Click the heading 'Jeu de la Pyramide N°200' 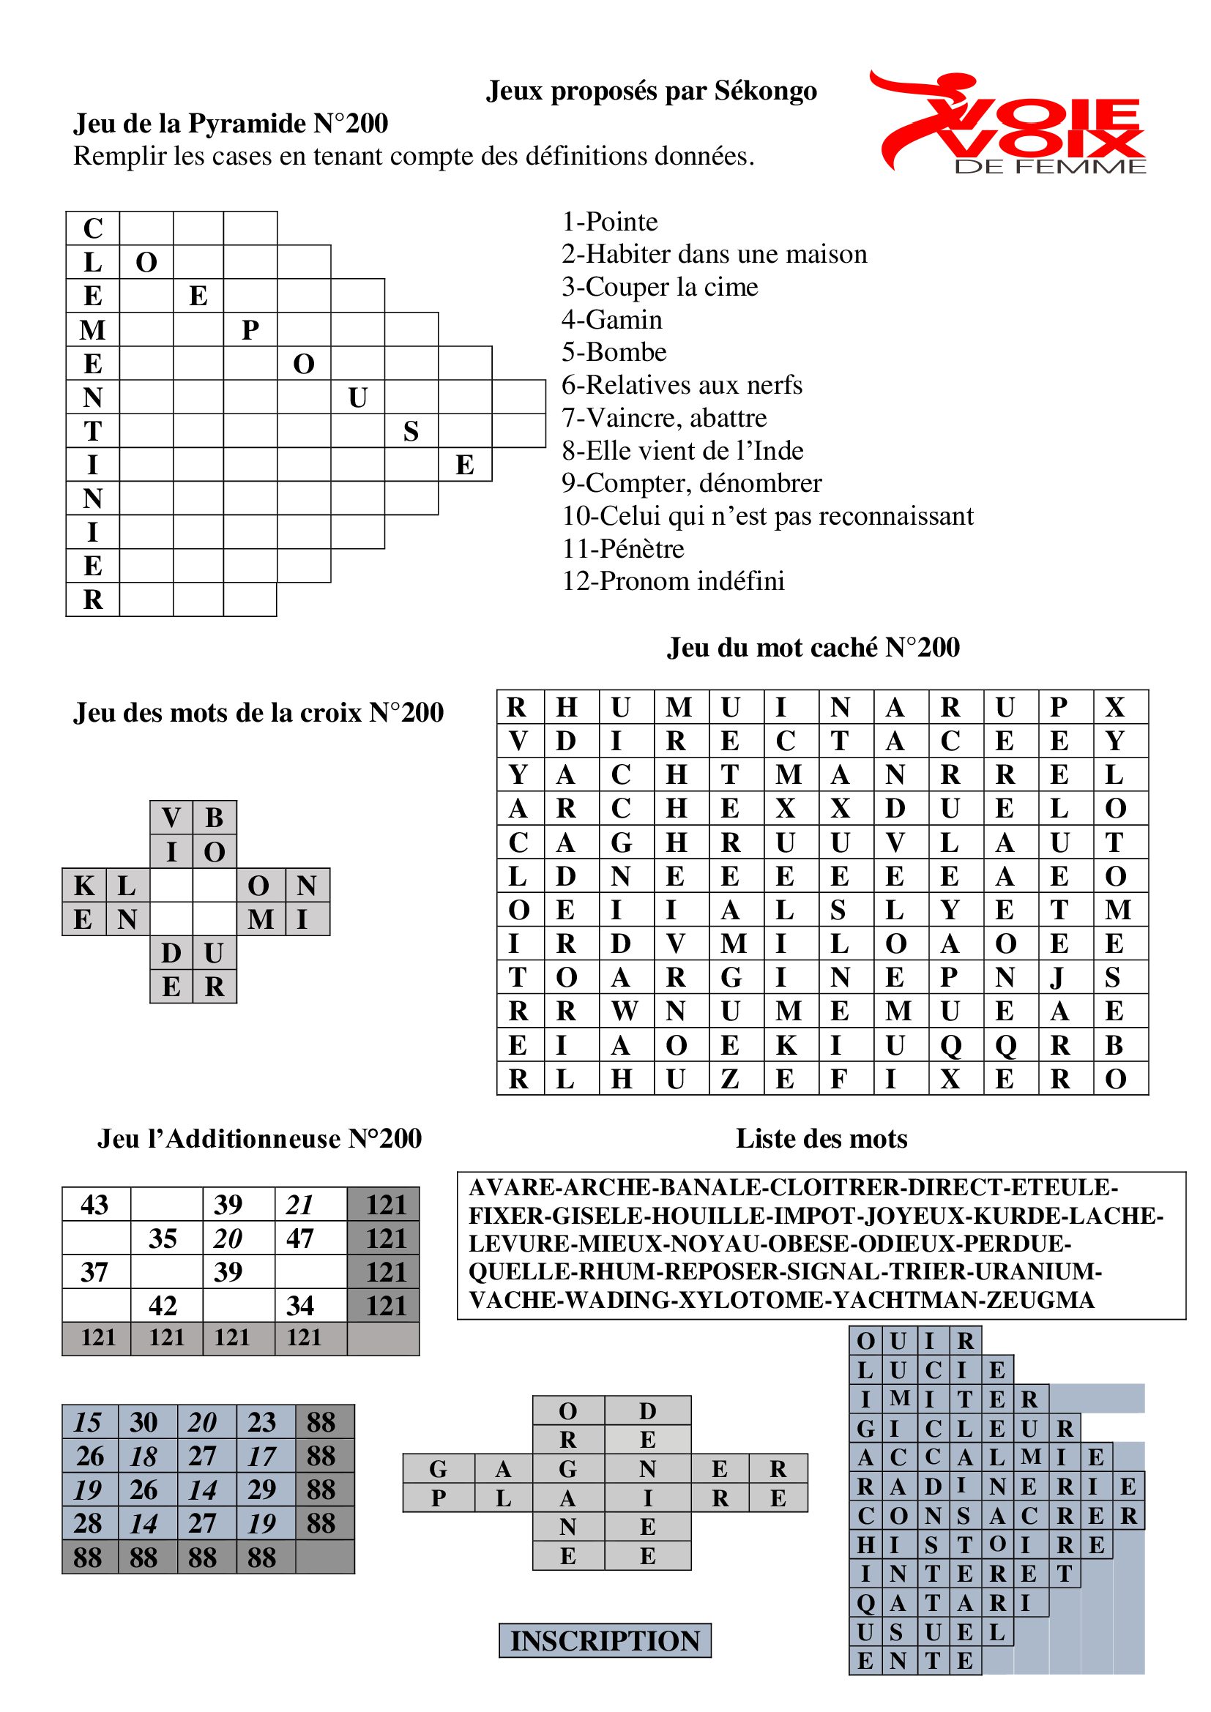tap(231, 123)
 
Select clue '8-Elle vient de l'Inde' tap(682, 450)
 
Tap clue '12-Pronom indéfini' tap(673, 581)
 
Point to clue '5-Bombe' tap(614, 352)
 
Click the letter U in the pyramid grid tap(357, 397)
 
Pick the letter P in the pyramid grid tap(250, 329)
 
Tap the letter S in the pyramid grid tap(411, 431)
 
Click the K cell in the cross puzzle tap(83, 885)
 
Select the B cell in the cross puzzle tap(215, 818)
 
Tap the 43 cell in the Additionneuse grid tap(94, 1205)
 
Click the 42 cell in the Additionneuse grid tap(163, 1306)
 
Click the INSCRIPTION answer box tap(605, 1640)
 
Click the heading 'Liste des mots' tap(821, 1139)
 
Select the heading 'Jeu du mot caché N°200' tap(813, 647)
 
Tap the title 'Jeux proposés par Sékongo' tap(651, 91)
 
